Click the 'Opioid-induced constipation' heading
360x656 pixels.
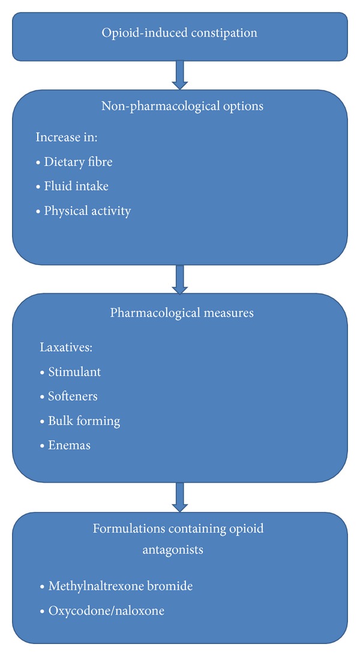179,32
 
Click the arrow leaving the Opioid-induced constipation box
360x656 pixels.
179,74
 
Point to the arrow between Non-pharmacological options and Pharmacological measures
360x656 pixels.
179,279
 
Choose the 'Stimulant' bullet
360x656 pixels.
74,372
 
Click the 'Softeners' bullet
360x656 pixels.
73,396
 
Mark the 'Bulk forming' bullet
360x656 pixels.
84,421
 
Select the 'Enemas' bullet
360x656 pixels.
69,446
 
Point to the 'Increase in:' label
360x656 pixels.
67,137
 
